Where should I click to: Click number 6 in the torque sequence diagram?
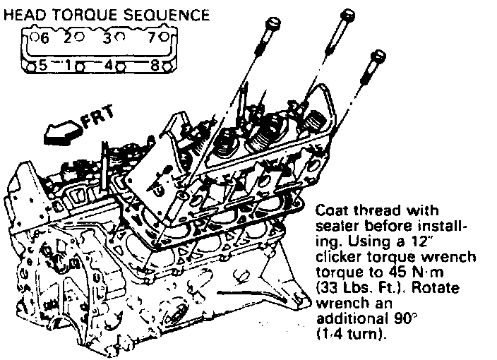(43, 39)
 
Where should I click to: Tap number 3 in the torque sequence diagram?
(108, 39)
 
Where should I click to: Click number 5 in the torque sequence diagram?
(43, 66)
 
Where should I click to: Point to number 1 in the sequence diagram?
(69, 66)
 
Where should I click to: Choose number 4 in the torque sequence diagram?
(108, 66)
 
